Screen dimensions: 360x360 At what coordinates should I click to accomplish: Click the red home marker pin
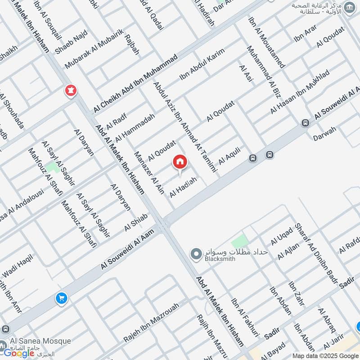[180, 162]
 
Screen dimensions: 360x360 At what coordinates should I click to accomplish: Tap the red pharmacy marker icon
[70, 90]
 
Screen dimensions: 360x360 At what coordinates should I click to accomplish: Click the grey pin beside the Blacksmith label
[196, 254]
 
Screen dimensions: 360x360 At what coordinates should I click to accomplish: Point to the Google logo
[19, 353]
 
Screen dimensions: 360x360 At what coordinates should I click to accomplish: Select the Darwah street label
[325, 134]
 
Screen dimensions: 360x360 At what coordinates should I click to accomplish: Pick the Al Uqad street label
[282, 237]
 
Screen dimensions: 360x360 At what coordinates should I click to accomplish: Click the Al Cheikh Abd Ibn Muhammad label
[136, 85]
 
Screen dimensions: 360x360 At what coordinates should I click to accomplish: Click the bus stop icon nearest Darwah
[305, 123]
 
